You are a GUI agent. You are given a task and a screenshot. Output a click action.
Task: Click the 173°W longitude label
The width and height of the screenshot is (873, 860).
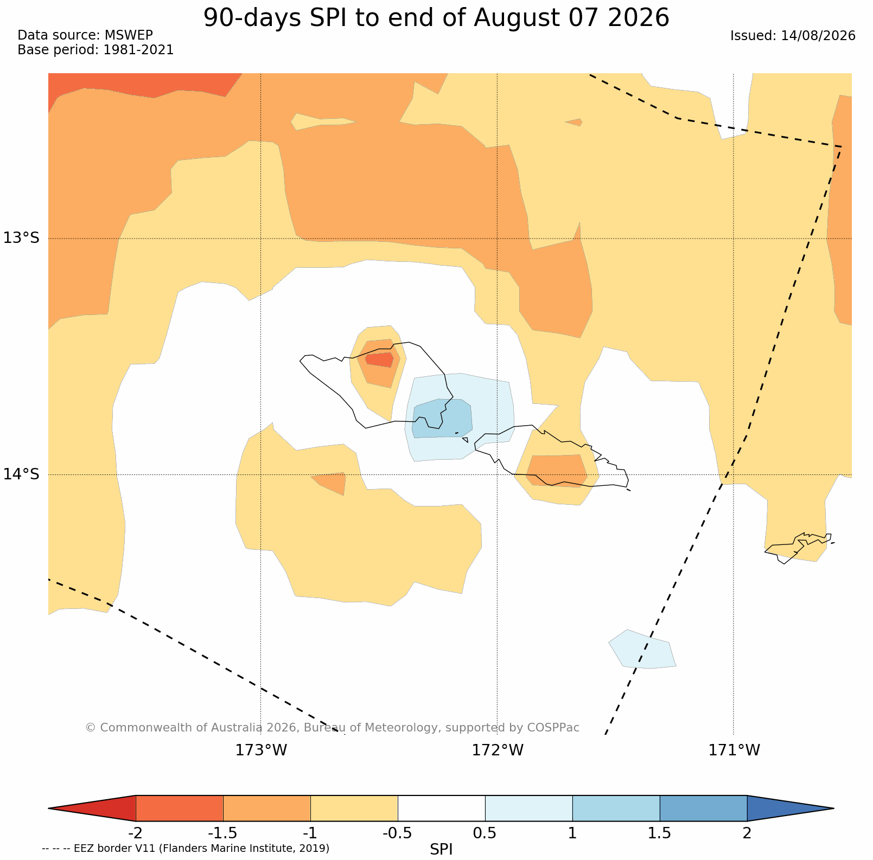(261, 750)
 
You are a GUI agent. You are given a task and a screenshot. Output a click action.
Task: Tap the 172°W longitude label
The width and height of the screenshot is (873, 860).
(498, 750)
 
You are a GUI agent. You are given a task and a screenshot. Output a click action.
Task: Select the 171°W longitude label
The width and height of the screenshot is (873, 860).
(734, 750)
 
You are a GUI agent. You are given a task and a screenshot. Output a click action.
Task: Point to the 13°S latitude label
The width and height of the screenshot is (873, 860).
(22, 238)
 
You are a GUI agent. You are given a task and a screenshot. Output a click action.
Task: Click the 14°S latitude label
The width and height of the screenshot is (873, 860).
(22, 474)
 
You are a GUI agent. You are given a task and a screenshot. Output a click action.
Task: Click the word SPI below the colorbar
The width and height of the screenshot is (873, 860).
(441, 850)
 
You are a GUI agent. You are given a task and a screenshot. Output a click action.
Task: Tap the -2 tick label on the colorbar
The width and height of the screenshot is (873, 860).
(135, 832)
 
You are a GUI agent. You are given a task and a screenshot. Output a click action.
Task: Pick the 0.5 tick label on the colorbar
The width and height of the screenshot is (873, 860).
(485, 832)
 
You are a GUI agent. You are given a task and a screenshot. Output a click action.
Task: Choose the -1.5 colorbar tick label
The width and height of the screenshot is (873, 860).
(223, 832)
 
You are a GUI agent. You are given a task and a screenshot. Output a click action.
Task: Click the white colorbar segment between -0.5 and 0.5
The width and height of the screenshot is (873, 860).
(441, 808)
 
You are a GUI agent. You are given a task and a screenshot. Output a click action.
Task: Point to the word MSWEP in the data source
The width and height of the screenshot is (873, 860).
(129, 35)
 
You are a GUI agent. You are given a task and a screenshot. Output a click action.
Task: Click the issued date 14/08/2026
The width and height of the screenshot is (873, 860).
(818, 36)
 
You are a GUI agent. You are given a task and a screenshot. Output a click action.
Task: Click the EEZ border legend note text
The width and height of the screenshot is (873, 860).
(186, 848)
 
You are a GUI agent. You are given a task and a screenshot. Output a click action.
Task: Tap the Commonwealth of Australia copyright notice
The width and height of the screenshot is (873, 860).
(332, 727)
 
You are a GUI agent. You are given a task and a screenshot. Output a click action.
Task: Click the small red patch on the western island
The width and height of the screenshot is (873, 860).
(379, 360)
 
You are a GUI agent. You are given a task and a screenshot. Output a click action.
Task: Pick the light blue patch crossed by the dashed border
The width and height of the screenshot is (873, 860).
(642, 649)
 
